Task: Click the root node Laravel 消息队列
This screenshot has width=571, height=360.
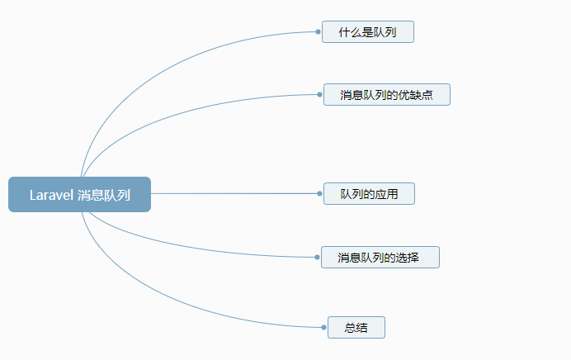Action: [79, 194]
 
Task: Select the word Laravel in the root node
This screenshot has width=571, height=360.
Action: [51, 195]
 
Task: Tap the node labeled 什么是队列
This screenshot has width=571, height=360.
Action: [368, 31]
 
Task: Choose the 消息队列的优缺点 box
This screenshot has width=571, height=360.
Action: [387, 94]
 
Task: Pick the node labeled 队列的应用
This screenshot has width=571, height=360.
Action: [369, 193]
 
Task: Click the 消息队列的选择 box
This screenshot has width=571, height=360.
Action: [380, 257]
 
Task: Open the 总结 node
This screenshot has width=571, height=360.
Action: [356, 327]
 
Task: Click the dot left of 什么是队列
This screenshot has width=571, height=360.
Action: [318, 31]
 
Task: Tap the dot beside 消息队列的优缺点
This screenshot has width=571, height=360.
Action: [319, 94]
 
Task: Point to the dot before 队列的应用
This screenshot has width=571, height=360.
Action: [319, 193]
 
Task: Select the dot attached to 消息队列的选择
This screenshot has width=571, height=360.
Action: [317, 257]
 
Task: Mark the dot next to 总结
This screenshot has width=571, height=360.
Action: [323, 327]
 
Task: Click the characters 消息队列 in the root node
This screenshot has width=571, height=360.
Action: [104, 195]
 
